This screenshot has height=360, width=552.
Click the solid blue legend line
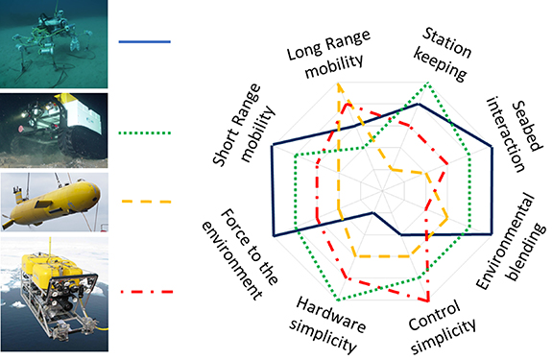[145, 41]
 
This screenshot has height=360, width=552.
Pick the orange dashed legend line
[145, 204]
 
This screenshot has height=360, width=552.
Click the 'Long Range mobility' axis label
[325, 60]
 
